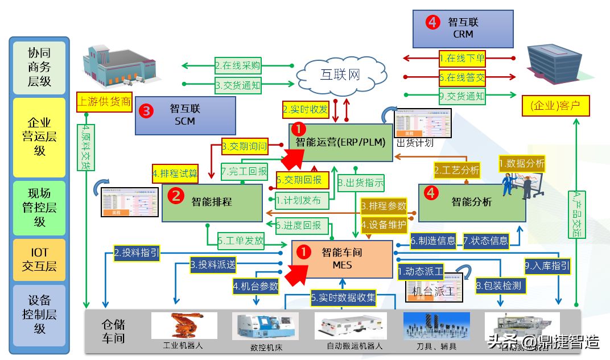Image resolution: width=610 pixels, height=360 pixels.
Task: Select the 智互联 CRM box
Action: click(463, 28)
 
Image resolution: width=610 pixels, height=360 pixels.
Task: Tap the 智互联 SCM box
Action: click(185, 115)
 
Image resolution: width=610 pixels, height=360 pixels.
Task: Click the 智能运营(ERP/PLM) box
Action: click(340, 142)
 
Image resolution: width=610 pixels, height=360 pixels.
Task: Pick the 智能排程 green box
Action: click(212, 202)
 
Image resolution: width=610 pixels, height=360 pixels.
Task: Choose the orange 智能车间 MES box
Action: click(342, 259)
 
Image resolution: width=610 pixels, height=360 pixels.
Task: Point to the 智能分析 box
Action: click(472, 202)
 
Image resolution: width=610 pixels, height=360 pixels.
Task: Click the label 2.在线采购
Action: click(238, 65)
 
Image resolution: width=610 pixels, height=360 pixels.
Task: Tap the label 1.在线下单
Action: click(462, 57)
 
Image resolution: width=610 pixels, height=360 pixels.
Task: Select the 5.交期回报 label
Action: click(302, 180)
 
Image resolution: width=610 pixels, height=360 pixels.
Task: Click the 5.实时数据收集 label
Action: click(343, 297)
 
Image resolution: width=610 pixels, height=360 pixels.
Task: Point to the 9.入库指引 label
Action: click(547, 265)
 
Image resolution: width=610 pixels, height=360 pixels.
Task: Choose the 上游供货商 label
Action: click(104, 102)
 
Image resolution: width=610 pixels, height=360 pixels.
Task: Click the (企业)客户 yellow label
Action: click(556, 106)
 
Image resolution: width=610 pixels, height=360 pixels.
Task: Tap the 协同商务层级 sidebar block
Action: click(39, 67)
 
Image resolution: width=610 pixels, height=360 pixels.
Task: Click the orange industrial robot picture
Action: click(184, 326)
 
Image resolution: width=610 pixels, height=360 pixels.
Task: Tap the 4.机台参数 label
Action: click(256, 286)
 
